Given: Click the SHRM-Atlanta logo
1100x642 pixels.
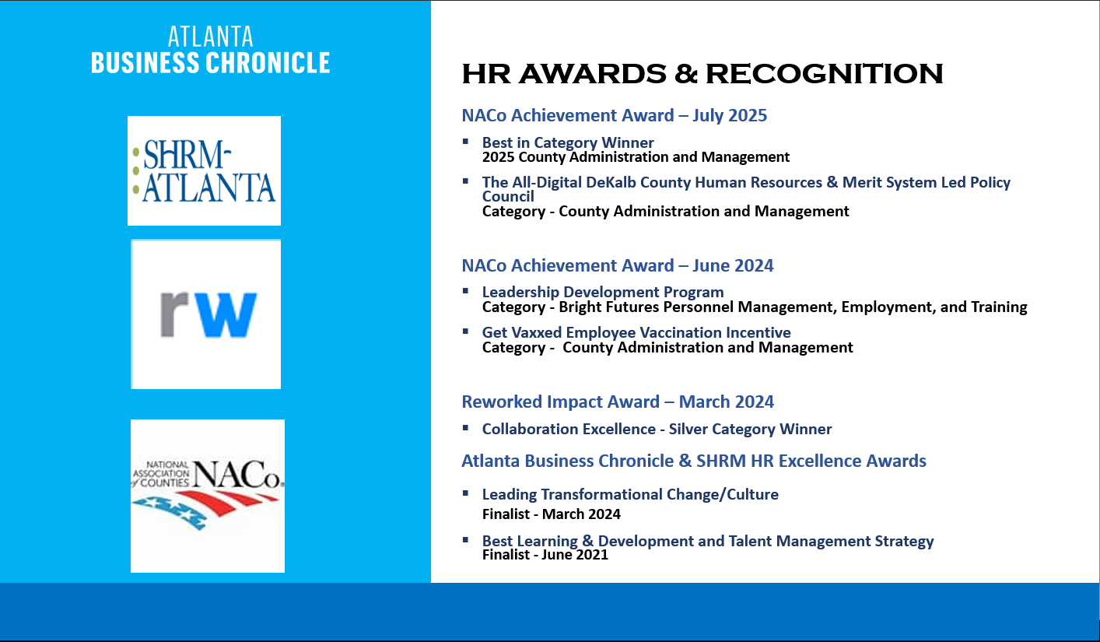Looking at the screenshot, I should point(204,171).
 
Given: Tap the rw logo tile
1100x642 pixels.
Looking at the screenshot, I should point(206,314).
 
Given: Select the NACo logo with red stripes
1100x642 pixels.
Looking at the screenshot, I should point(208,496).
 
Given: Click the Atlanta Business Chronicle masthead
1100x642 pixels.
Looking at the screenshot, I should point(211,51).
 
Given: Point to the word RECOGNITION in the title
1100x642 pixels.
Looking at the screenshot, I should point(824,74).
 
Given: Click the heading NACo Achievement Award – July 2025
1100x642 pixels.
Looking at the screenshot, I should point(615,116).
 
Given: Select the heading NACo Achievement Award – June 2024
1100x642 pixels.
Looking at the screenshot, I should point(618,266).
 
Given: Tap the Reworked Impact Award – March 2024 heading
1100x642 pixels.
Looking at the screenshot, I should point(618,402).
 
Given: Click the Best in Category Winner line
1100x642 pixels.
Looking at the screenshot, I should point(568,143).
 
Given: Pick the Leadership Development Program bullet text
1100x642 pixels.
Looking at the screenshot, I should point(603,293).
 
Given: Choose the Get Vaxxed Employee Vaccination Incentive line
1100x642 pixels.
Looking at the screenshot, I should point(636,333).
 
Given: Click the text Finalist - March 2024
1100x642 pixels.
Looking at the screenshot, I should point(552,514).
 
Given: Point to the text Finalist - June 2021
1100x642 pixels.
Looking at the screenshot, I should point(545,555).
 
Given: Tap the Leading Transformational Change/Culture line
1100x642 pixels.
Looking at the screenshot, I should point(630,494).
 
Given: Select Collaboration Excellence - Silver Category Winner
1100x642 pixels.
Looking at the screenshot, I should point(657,430).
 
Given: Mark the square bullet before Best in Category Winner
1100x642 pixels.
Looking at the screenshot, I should point(465,141).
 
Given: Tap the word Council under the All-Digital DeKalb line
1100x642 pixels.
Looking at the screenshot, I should point(508,197).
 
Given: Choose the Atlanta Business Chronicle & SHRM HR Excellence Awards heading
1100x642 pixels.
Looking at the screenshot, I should point(694,461).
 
